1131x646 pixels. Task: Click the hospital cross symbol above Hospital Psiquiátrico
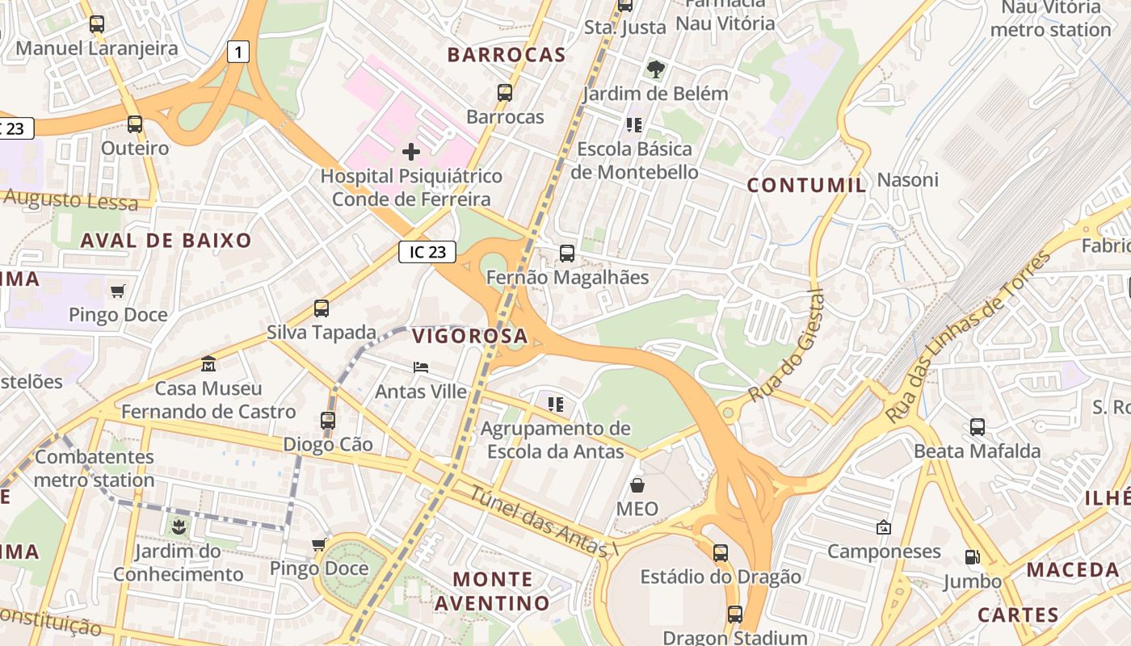click(x=411, y=151)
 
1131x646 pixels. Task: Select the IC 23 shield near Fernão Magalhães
click(x=427, y=252)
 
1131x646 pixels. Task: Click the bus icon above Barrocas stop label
click(x=505, y=93)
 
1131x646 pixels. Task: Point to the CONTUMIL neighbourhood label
click(x=806, y=185)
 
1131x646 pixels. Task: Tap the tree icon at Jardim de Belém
click(x=656, y=69)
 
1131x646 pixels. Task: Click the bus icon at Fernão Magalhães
click(x=567, y=254)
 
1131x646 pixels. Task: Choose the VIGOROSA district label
click(x=470, y=336)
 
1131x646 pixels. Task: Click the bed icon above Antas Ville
click(x=421, y=367)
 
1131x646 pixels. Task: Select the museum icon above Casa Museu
click(x=208, y=364)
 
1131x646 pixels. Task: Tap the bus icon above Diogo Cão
click(x=327, y=421)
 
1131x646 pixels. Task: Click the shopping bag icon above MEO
click(x=637, y=485)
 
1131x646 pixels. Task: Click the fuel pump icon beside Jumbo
click(x=972, y=557)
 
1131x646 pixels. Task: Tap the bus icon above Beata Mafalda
click(x=978, y=427)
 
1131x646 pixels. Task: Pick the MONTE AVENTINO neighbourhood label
click(x=492, y=591)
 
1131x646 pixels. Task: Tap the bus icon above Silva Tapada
click(x=322, y=308)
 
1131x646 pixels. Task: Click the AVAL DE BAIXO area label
click(x=166, y=240)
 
